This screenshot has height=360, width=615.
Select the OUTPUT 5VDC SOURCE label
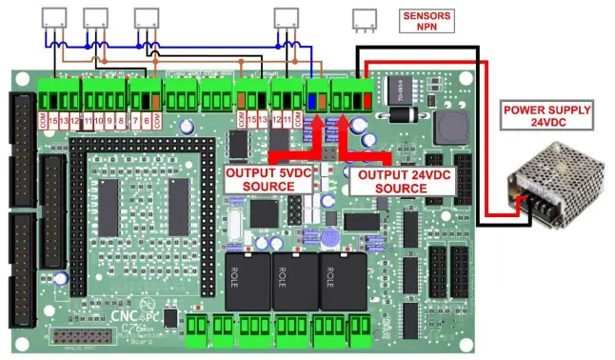tap(260, 180)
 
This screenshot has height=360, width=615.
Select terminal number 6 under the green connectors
tap(146, 121)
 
